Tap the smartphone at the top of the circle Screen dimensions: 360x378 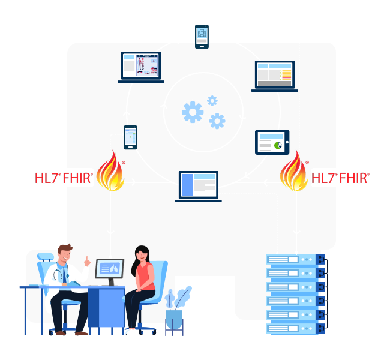click(x=202, y=37)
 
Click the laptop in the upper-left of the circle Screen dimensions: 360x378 click(x=141, y=65)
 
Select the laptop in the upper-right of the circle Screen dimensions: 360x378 click(x=274, y=75)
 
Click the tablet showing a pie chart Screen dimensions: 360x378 click(x=272, y=142)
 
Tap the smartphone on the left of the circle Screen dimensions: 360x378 click(x=130, y=137)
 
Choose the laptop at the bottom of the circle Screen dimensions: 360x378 click(x=199, y=185)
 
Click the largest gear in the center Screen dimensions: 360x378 click(x=193, y=112)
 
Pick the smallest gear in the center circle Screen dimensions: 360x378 click(x=212, y=101)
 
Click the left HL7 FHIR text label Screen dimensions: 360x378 click(x=64, y=178)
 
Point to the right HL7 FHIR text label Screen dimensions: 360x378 click(x=340, y=178)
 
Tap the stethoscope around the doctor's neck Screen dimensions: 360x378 click(x=58, y=273)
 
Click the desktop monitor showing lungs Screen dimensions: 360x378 click(x=109, y=269)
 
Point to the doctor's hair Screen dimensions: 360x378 click(x=64, y=248)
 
